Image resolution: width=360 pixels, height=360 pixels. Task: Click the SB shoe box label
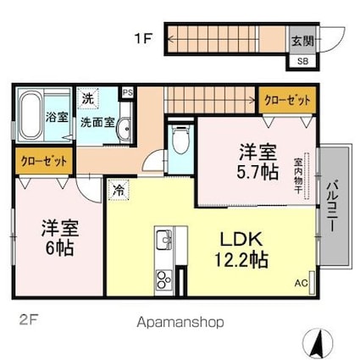pos(302,60)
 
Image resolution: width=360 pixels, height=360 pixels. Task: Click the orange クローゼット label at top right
pos(288,100)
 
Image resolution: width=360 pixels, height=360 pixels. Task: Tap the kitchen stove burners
pos(163,280)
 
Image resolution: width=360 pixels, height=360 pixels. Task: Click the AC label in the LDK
pos(300,282)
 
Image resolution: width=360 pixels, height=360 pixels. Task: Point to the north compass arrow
pos(318,341)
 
